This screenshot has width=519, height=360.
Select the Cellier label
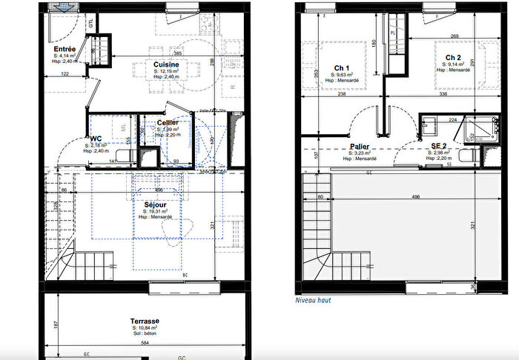click(x=167, y=122)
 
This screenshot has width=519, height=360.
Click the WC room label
click(x=96, y=138)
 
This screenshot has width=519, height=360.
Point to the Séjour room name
click(x=155, y=204)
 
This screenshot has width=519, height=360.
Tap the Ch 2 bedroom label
click(x=454, y=57)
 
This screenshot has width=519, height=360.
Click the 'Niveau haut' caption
click(x=312, y=300)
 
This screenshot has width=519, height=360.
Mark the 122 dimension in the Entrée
click(x=65, y=75)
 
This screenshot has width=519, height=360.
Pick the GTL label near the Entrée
click(x=91, y=23)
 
